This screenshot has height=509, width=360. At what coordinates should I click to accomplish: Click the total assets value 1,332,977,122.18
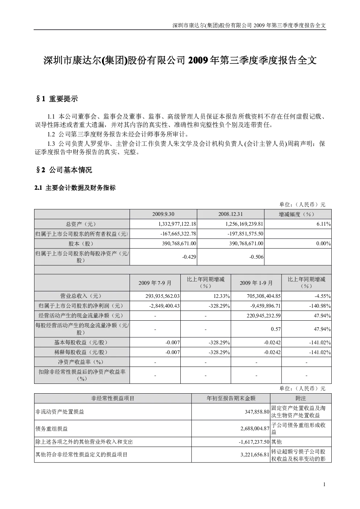click(x=177, y=224)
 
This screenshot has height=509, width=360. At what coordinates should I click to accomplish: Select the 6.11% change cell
click(x=324, y=224)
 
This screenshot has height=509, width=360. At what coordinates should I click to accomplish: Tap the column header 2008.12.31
click(x=230, y=214)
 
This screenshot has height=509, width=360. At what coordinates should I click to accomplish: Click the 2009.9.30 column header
click(x=163, y=214)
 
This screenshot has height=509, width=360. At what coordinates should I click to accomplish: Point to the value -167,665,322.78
click(x=178, y=234)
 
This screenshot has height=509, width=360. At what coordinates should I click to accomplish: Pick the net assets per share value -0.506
click(x=256, y=257)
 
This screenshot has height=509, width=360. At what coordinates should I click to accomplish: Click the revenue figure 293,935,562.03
click(x=163, y=296)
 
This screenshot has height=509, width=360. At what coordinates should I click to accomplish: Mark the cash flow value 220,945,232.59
click(x=263, y=316)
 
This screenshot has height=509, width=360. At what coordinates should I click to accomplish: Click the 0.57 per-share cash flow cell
click(x=276, y=329)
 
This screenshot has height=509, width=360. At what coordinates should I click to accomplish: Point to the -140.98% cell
click(x=320, y=306)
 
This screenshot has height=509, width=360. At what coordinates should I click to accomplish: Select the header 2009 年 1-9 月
click(x=256, y=283)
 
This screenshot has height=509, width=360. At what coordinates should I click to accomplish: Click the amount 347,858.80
click(x=257, y=412)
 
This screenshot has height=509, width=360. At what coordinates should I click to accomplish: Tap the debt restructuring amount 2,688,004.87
click(x=255, y=428)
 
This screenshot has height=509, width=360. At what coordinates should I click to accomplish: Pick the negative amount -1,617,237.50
click(x=254, y=442)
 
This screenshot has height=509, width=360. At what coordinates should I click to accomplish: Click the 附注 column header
click(x=300, y=398)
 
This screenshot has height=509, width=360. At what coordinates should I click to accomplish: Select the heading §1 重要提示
click(x=57, y=99)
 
